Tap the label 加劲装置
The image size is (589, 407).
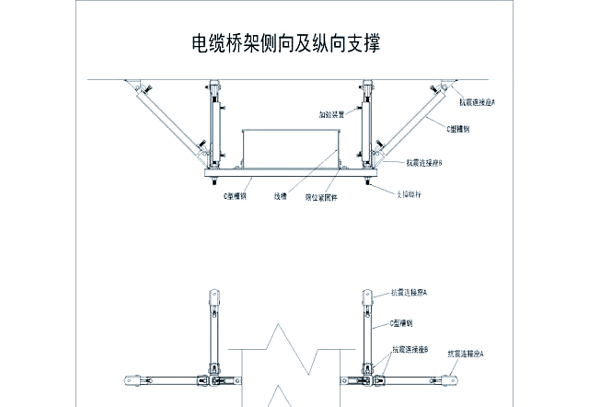pyautogui.click(x=331, y=115)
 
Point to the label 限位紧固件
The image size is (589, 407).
pyautogui.click(x=321, y=197)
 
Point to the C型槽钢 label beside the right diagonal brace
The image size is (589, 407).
pyautogui.click(x=458, y=130)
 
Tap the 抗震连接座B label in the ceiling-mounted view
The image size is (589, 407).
pyautogui.click(x=424, y=163)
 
